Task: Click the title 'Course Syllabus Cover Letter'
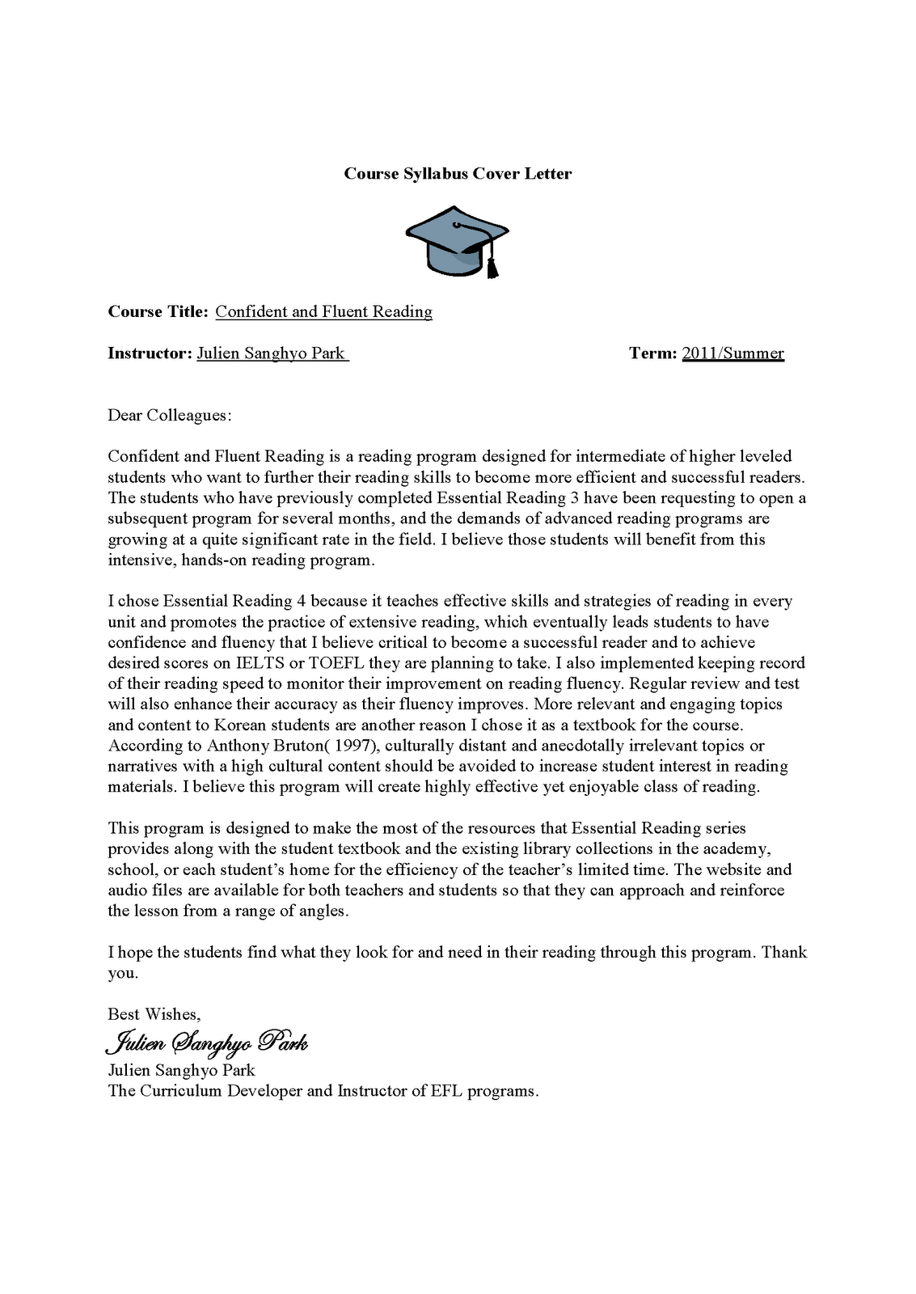click(458, 174)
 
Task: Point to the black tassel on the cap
click(492, 264)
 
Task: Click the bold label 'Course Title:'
click(158, 312)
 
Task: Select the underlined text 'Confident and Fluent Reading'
click(323, 312)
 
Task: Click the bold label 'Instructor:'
click(150, 353)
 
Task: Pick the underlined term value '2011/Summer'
click(732, 353)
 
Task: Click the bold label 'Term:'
click(652, 353)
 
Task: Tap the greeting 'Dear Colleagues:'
click(169, 416)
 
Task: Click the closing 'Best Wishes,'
click(154, 1014)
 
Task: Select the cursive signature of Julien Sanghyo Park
click(206, 1042)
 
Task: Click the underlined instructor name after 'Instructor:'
click(272, 353)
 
